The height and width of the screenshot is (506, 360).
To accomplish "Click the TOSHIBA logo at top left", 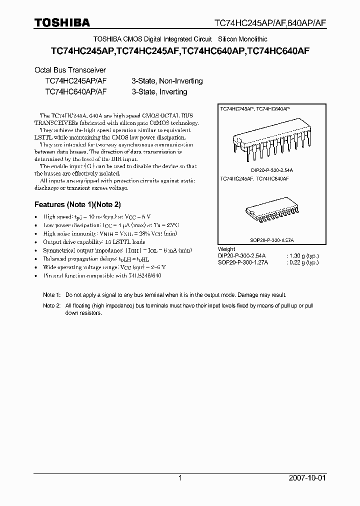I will pyautogui.click(x=62, y=22).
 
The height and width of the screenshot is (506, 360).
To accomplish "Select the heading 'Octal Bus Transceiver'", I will pyautogui.click(x=69, y=70).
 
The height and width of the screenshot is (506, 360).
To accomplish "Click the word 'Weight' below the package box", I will pyautogui.click(x=226, y=249).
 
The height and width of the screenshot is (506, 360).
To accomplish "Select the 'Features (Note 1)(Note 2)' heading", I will pyautogui.click(x=77, y=204).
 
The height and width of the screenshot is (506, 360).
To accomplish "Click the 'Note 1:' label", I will pyautogui.click(x=51, y=295).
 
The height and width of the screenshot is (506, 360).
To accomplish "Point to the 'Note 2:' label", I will pyautogui.click(x=51, y=305).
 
